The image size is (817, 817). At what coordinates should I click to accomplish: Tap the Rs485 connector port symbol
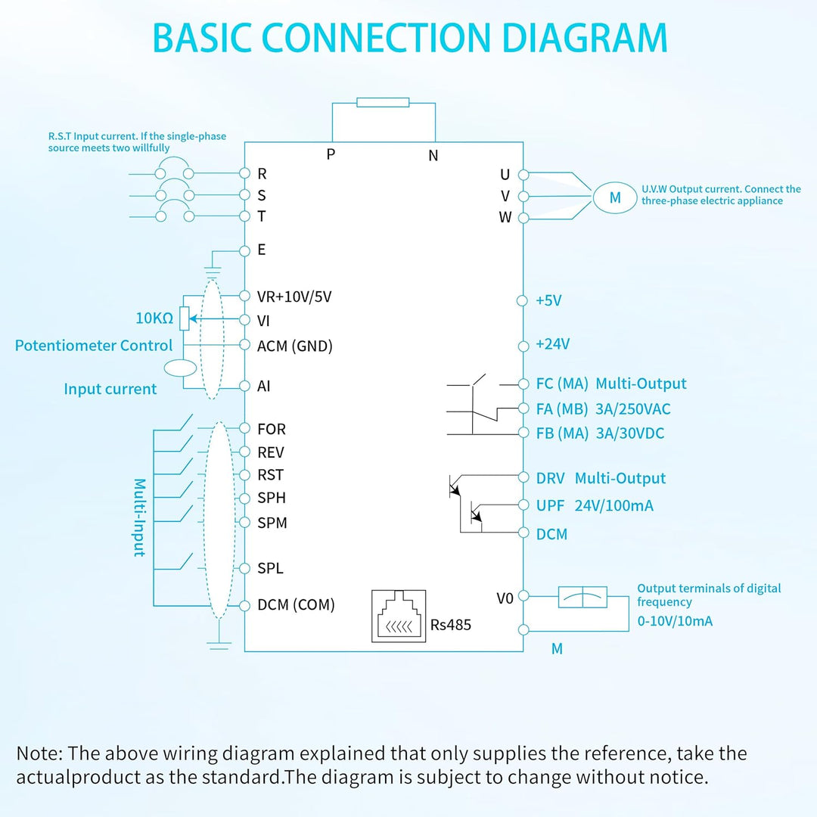click(x=399, y=616)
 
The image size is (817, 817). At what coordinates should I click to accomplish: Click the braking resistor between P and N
click(x=383, y=102)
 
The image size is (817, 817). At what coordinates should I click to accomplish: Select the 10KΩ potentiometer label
click(x=154, y=318)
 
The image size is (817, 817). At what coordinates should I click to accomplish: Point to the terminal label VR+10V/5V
click(x=294, y=297)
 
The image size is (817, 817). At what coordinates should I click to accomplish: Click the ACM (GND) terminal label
click(x=295, y=346)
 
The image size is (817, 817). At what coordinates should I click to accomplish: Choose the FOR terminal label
click(x=272, y=429)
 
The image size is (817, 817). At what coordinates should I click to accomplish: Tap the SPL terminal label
click(x=270, y=568)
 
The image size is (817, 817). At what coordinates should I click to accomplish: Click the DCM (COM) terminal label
click(x=296, y=604)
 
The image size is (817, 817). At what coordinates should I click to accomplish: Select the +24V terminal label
click(x=553, y=344)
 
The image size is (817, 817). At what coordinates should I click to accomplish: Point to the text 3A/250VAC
click(x=632, y=409)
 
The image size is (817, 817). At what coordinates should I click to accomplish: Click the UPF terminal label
click(x=550, y=505)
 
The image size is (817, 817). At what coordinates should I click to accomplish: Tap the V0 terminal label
click(x=505, y=598)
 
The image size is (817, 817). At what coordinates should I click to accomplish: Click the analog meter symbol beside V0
click(x=582, y=597)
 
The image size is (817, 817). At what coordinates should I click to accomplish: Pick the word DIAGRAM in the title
click(x=585, y=38)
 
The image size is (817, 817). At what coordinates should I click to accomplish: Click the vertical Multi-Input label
click(x=139, y=517)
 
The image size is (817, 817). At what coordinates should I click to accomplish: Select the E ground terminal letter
click(x=262, y=250)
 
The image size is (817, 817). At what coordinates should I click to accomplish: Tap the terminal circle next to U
click(x=523, y=175)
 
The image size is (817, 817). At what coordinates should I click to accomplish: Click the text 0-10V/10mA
click(x=675, y=620)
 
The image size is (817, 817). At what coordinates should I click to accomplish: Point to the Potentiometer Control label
click(x=93, y=346)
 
